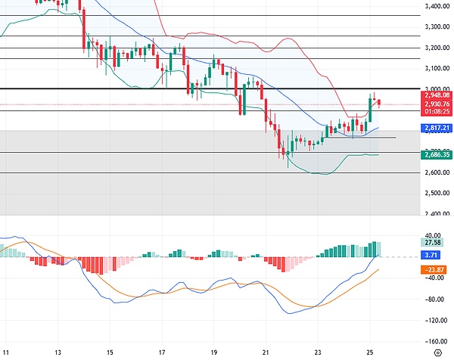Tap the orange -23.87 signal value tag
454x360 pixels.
[434, 270]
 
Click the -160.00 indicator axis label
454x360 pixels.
[435, 340]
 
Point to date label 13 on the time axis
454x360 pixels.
[58, 352]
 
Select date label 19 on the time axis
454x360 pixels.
[214, 352]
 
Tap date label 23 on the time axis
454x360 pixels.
[318, 352]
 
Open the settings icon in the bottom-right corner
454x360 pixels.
[437, 353]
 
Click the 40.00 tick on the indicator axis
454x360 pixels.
[434, 235]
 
